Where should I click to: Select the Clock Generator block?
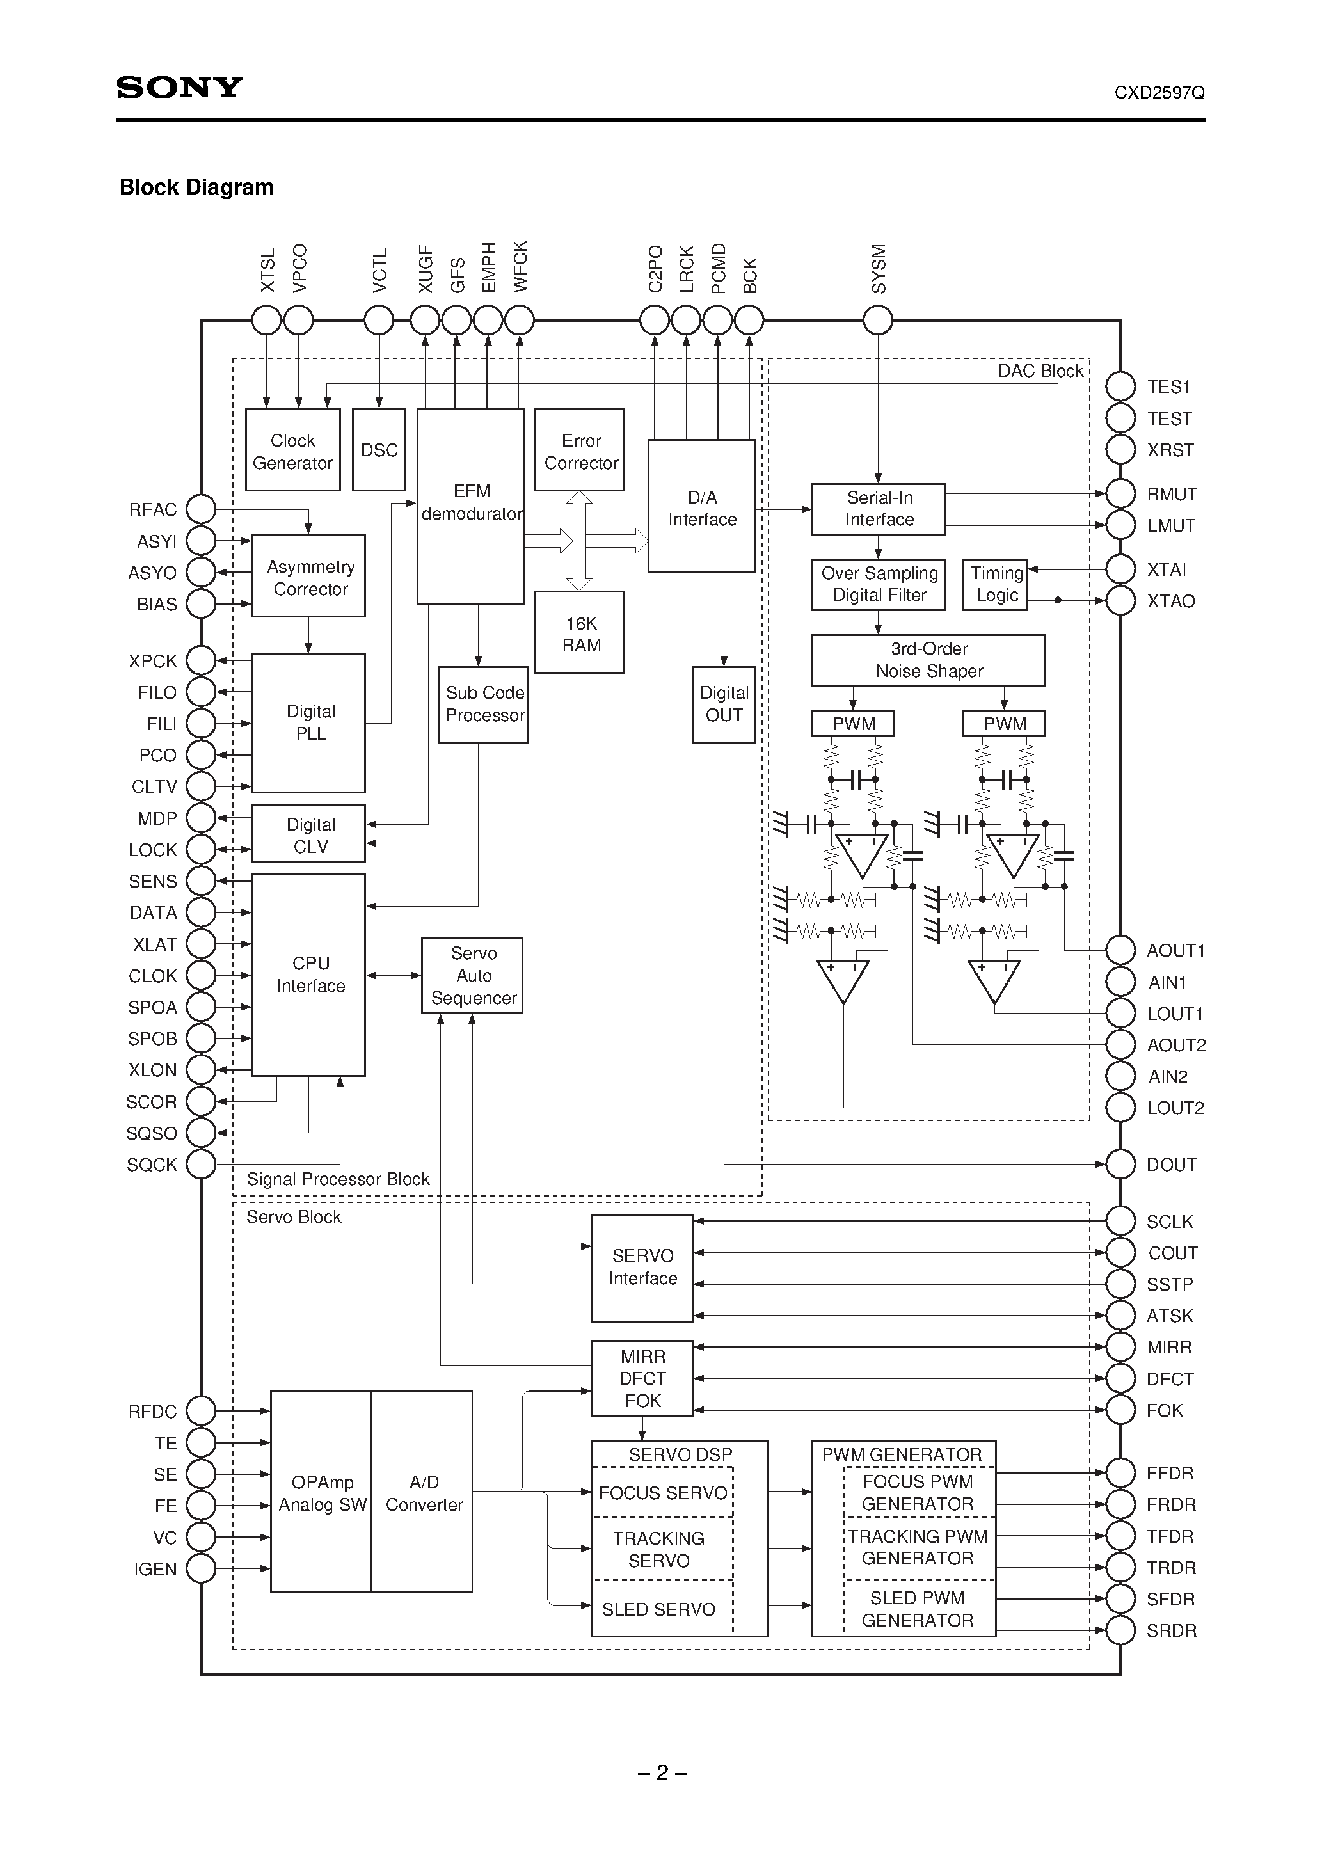point(292,450)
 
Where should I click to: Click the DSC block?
point(379,450)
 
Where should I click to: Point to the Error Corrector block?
point(580,450)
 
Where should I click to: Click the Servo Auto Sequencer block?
point(472,975)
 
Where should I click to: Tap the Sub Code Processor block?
point(483,704)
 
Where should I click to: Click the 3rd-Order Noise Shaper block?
point(928,660)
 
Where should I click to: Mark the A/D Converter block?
point(422,1493)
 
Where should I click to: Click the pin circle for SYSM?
point(878,320)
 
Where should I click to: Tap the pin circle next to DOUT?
point(1120,1165)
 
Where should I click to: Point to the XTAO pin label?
point(1170,601)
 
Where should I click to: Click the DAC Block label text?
point(1040,372)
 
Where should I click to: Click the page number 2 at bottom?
point(662,1773)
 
